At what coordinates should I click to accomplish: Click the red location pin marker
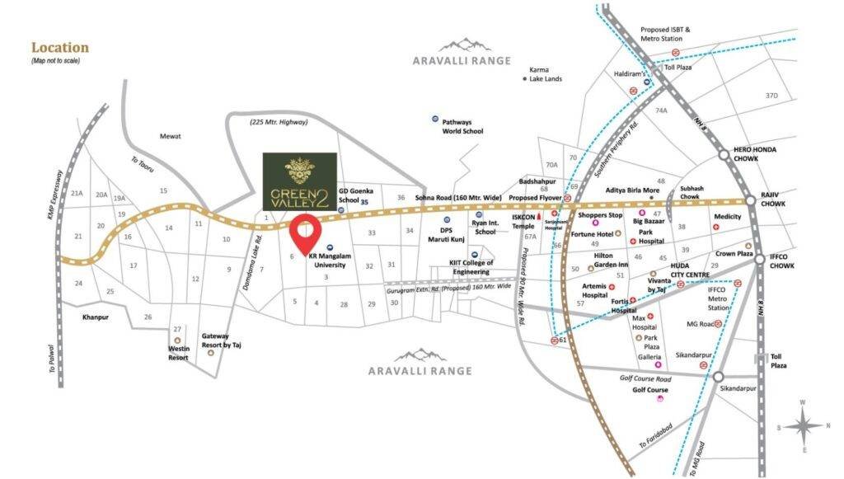(304, 232)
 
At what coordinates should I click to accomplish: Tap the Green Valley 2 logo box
(299, 181)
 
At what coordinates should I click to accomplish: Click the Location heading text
(59, 48)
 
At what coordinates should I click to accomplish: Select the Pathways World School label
(462, 125)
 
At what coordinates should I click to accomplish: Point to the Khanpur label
(96, 316)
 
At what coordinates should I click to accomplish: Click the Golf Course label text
(649, 389)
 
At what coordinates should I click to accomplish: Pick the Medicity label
(728, 217)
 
